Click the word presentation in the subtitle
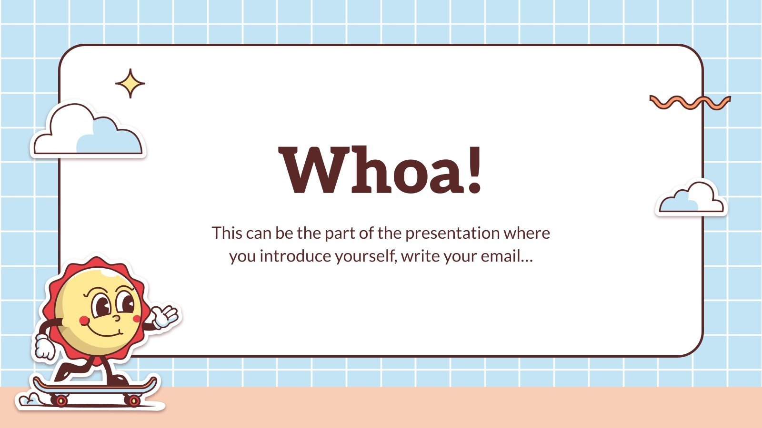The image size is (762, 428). [x=452, y=233]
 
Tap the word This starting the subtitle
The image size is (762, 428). [x=227, y=233]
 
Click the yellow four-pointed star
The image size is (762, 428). [x=130, y=84]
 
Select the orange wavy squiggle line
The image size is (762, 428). [x=690, y=102]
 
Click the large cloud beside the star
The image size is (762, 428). [x=88, y=131]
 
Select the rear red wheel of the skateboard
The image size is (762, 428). [x=60, y=401]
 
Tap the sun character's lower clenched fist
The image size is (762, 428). [x=44, y=348]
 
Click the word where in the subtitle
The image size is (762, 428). [x=527, y=233]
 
